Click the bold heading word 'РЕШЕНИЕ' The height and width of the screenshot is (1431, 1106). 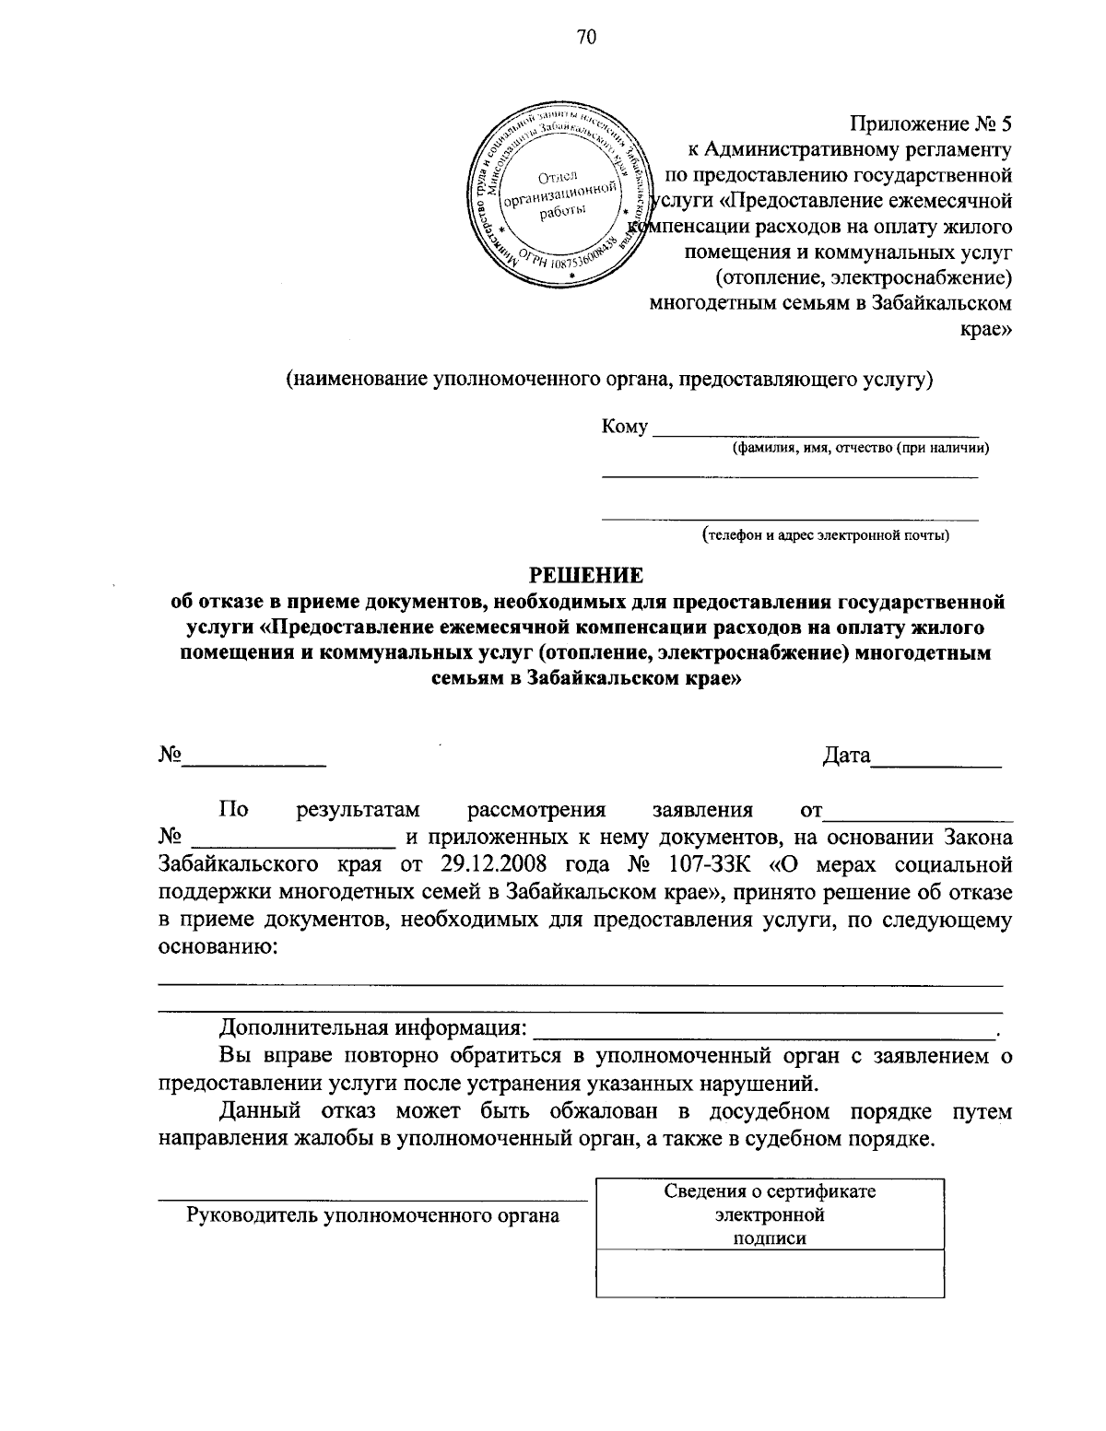pyautogui.click(x=585, y=576)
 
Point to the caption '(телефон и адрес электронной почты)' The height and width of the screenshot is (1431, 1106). pyautogui.click(x=825, y=534)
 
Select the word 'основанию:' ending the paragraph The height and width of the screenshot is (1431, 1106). pyautogui.click(x=218, y=946)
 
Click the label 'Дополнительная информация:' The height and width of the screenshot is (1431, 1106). pyautogui.click(x=373, y=1028)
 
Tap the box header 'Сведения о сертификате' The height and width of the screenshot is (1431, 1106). pyautogui.click(x=771, y=1191)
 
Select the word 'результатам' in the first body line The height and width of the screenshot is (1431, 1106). pyautogui.click(x=359, y=811)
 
